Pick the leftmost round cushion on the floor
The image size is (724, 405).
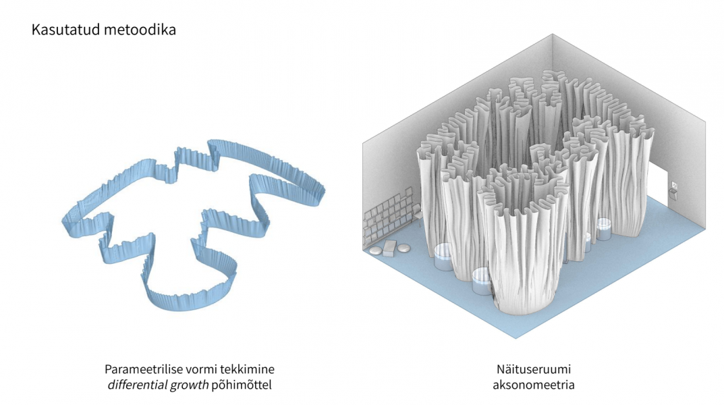tap(375, 251)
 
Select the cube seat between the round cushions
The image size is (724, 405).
tap(390, 248)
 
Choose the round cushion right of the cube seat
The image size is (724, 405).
tap(404, 248)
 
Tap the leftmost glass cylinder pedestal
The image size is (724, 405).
tap(443, 257)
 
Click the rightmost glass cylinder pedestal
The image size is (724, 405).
tap(604, 228)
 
